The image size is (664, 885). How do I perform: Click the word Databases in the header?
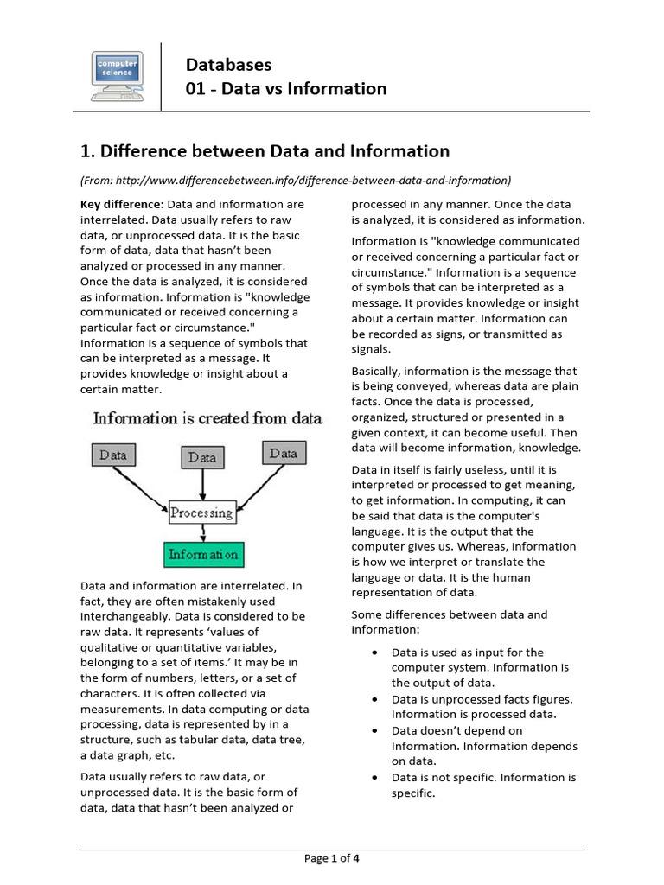tap(229, 65)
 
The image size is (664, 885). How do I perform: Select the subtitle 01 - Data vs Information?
tap(286, 89)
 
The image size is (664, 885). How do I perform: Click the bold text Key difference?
tap(121, 204)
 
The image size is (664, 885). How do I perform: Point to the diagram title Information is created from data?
tap(207, 418)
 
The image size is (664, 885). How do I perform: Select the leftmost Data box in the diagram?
tap(112, 455)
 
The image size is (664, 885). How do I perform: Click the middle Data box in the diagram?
tap(201, 457)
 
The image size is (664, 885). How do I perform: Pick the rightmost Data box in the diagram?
tap(283, 454)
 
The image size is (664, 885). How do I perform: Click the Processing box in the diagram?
tap(201, 513)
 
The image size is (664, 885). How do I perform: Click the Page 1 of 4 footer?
tap(332, 858)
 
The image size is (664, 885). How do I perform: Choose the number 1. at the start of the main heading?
tap(87, 152)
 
